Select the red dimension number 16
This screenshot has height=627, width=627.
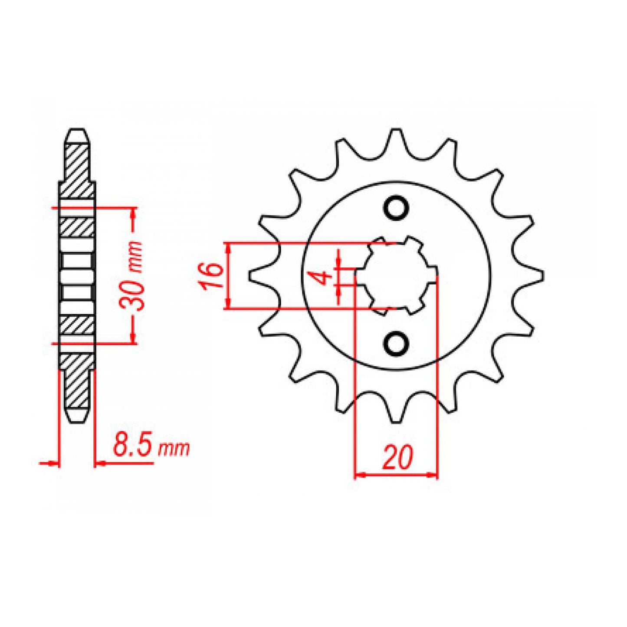[x=211, y=276]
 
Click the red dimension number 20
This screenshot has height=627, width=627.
[x=396, y=457]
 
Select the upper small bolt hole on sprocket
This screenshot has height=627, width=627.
[x=396, y=208]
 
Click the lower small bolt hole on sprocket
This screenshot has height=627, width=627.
[x=396, y=343]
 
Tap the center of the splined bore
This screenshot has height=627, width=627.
[x=396, y=276]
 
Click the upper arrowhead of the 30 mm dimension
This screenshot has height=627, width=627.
[x=133, y=213]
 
